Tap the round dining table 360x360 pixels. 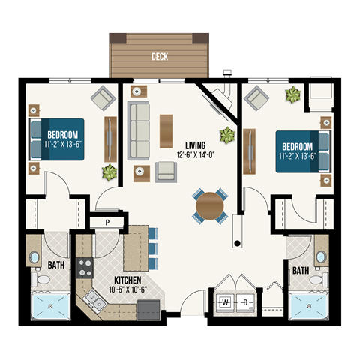210,205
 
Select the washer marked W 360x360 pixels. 225,301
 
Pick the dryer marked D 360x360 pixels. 245,301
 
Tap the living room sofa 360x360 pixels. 138,130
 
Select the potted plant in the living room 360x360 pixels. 225,135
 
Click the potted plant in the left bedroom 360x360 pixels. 110,172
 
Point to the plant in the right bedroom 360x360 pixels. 292,95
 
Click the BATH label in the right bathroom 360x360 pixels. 300,269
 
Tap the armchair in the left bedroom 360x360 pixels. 100,97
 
